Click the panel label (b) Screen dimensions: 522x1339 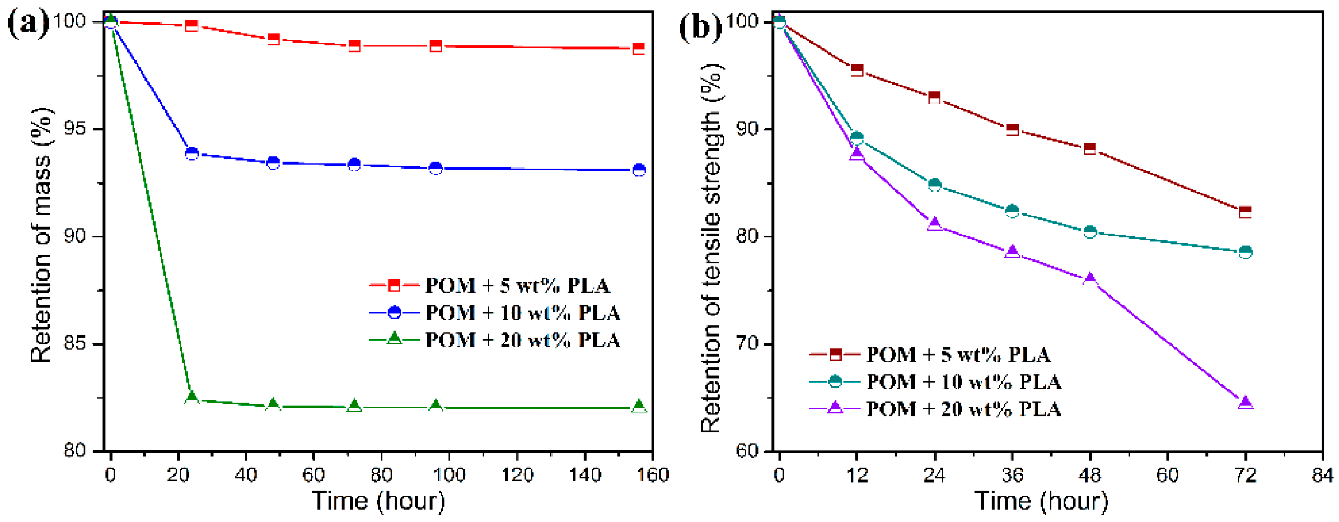(x=699, y=26)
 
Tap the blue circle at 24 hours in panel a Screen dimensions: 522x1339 (x=191, y=153)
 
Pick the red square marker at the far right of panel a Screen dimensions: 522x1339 (x=638, y=48)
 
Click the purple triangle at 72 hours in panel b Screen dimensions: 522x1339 (x=1245, y=403)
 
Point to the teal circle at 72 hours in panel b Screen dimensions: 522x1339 (x=1245, y=252)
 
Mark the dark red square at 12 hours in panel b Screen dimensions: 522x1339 (x=856, y=70)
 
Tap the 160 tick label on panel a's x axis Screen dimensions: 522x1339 (x=653, y=476)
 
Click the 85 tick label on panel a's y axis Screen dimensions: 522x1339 (x=74, y=343)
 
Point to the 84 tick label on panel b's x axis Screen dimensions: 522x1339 (x=1322, y=476)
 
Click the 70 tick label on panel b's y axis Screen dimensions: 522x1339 (x=746, y=343)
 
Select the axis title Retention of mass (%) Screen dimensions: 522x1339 (x=41, y=235)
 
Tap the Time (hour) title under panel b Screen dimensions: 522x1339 (x=1041, y=501)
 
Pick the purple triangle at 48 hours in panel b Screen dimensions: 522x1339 (x=1089, y=279)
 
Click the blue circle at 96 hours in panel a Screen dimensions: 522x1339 (x=436, y=168)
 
